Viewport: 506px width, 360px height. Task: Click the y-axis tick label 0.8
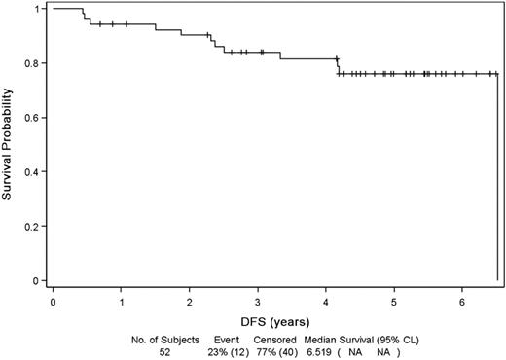(34, 63)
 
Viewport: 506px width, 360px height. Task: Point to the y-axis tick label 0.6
(34, 118)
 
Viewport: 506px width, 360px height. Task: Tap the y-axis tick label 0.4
(34, 172)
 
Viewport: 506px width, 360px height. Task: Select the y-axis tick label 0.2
(34, 227)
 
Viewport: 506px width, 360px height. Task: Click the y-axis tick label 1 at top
(38, 9)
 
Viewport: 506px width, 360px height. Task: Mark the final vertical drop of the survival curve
(497, 175)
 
